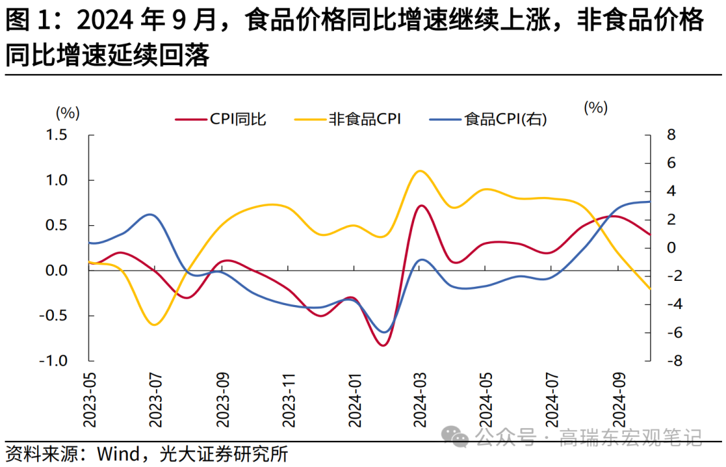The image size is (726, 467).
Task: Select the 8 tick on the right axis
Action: (x=670, y=135)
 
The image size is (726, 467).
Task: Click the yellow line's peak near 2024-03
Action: (x=420, y=171)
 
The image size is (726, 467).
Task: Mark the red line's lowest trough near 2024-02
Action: (x=383, y=345)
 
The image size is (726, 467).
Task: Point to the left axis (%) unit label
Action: (x=68, y=112)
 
